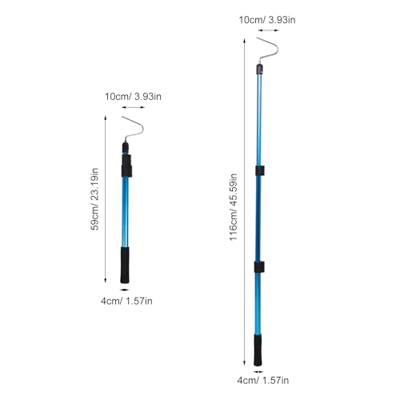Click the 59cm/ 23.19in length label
click(x=94, y=199)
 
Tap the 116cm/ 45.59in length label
click(x=234, y=207)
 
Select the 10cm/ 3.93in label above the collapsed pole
click(x=133, y=96)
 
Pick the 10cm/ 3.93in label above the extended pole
click(x=267, y=20)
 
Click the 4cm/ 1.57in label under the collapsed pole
click(x=126, y=301)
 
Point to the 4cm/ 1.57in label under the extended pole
click(x=263, y=380)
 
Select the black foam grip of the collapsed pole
click(x=125, y=265)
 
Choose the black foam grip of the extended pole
click(x=258, y=350)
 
